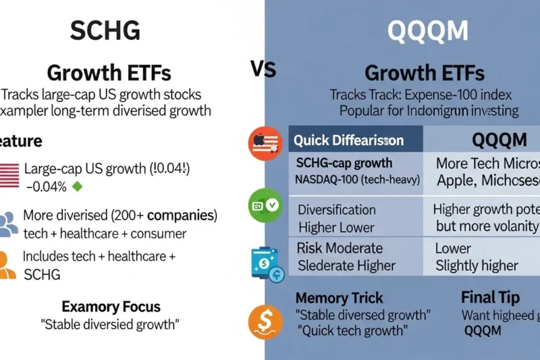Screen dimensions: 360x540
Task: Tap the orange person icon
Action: pyautogui.click(x=7, y=265)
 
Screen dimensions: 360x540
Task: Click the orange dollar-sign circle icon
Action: pyautogui.click(x=265, y=322)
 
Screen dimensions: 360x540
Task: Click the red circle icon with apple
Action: pyautogui.click(x=265, y=143)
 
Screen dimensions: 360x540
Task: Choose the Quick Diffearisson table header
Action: pyautogui.click(x=349, y=140)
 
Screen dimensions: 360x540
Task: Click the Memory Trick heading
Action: pyautogui.click(x=339, y=297)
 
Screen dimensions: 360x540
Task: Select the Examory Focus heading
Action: pyautogui.click(x=111, y=307)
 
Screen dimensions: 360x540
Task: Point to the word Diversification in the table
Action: pyautogui.click(x=337, y=209)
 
